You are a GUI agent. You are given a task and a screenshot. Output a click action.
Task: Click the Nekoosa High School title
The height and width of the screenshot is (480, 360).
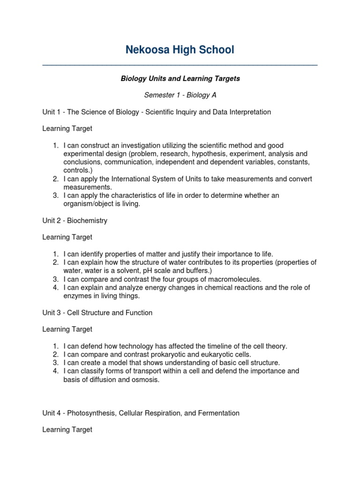[x=180, y=50]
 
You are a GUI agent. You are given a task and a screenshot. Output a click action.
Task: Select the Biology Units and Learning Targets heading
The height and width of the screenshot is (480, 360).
[x=180, y=79]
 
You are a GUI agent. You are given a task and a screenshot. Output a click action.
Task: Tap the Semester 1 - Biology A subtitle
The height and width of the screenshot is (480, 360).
[x=180, y=95]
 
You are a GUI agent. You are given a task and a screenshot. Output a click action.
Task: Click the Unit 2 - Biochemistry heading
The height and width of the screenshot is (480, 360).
[x=75, y=221]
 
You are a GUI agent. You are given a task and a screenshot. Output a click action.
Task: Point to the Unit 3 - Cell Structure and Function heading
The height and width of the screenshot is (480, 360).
[x=97, y=313]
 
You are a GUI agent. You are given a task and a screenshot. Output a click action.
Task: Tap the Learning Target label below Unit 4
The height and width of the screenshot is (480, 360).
[x=67, y=429]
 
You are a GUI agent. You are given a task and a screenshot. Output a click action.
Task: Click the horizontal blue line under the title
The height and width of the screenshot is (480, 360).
[x=180, y=65]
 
